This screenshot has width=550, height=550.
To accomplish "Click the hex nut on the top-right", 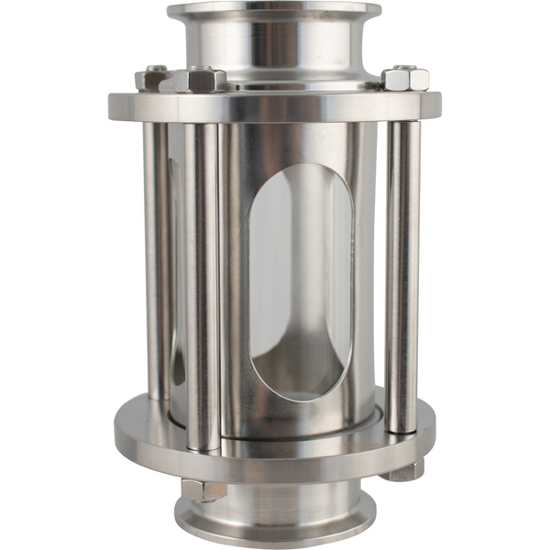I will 405,78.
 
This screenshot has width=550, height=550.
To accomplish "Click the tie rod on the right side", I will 402,275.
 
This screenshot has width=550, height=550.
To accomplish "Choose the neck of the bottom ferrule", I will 274,500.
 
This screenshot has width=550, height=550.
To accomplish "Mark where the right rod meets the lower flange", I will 402,431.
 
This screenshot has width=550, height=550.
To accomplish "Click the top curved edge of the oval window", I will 300,167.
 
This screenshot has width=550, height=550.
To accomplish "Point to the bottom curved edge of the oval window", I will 300,399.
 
